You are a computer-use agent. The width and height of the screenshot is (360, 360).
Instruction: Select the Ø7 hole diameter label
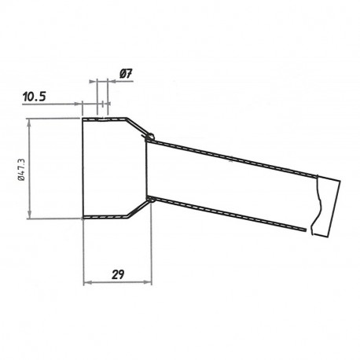[x=125, y=73]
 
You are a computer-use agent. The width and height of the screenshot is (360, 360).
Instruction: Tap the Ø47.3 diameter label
[x=20, y=167]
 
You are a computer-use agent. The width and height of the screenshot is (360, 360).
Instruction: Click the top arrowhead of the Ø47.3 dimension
[x=30, y=122]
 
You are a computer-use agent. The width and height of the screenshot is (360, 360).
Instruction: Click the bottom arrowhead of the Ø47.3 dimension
[x=30, y=214]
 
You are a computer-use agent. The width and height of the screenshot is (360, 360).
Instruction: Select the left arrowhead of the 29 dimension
[x=86, y=281]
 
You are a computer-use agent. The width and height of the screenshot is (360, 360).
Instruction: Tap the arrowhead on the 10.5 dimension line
[x=79, y=102]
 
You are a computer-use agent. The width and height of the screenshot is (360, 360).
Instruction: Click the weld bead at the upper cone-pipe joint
[x=149, y=139]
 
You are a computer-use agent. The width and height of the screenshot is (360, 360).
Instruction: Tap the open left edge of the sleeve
[x=83, y=167]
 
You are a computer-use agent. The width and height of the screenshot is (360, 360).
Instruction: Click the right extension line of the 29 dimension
[x=148, y=252]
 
